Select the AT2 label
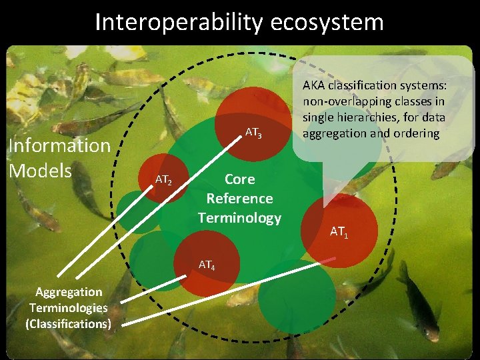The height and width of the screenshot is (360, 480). [164, 179]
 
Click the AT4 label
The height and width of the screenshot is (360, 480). [207, 265]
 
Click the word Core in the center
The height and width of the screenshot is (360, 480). [239, 179]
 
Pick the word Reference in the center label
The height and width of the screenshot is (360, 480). [239, 199]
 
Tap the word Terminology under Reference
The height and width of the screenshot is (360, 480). [239, 218]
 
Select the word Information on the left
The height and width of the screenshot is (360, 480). [59, 145]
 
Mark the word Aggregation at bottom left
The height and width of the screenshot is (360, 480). [69, 292]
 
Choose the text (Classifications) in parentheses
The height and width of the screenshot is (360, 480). [69, 324]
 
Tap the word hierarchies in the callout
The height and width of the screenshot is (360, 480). [369, 117]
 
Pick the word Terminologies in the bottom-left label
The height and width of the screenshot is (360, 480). [69, 308]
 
